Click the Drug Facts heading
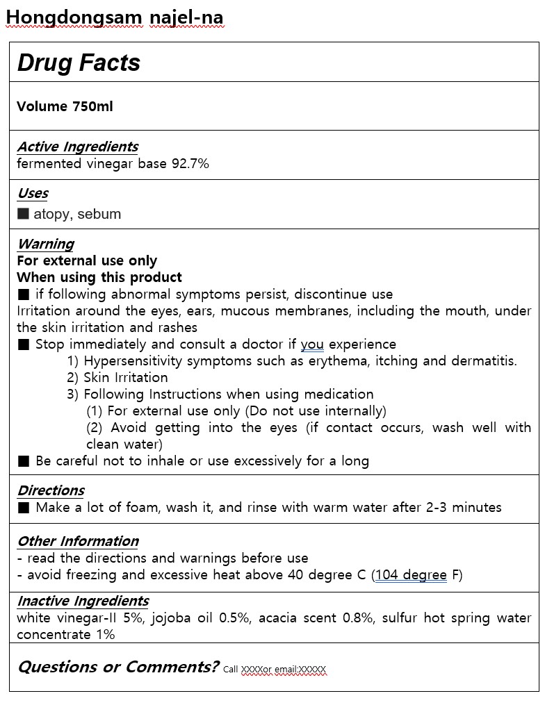point(79,63)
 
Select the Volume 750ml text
point(65,106)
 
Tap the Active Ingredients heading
point(77,147)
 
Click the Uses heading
point(33,193)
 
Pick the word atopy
point(52,214)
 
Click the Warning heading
point(45,244)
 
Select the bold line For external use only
point(87,261)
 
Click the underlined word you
point(312,344)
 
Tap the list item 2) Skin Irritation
point(117,378)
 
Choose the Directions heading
point(51,490)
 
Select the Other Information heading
point(78,541)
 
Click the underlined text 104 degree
point(411,575)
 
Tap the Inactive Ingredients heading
point(83,601)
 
